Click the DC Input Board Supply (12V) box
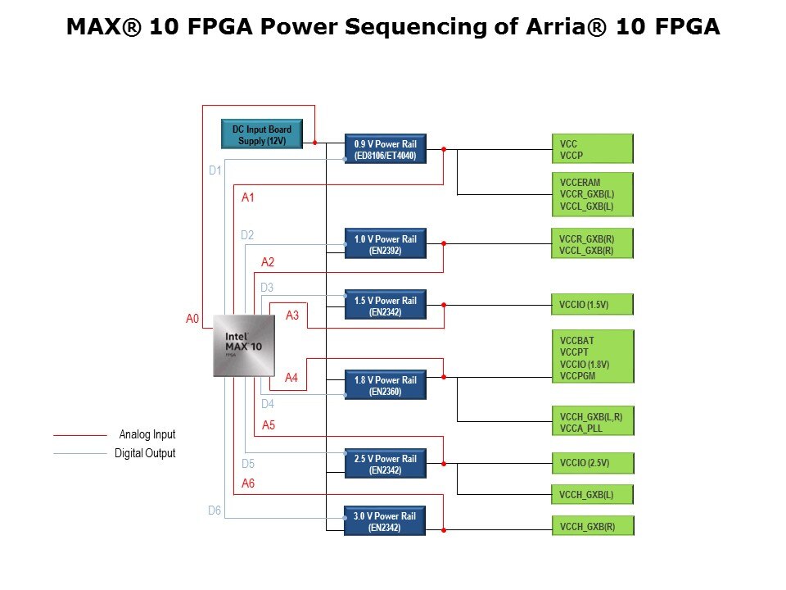point(262,135)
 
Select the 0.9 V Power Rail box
point(386,149)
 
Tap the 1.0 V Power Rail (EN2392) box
point(386,244)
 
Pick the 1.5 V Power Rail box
point(386,306)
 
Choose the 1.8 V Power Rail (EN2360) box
point(386,385)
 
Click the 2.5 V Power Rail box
point(386,464)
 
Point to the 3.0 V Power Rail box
point(386,521)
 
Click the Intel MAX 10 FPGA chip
point(244,347)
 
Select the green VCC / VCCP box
point(592,149)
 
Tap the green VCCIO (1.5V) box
point(592,305)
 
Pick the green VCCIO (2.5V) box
point(592,463)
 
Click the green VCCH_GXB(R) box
point(592,526)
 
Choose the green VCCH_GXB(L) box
point(592,494)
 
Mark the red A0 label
point(192,319)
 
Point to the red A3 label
point(292,315)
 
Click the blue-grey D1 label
point(215,170)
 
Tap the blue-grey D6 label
point(215,511)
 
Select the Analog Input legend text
point(147,435)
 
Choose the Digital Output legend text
point(145,453)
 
